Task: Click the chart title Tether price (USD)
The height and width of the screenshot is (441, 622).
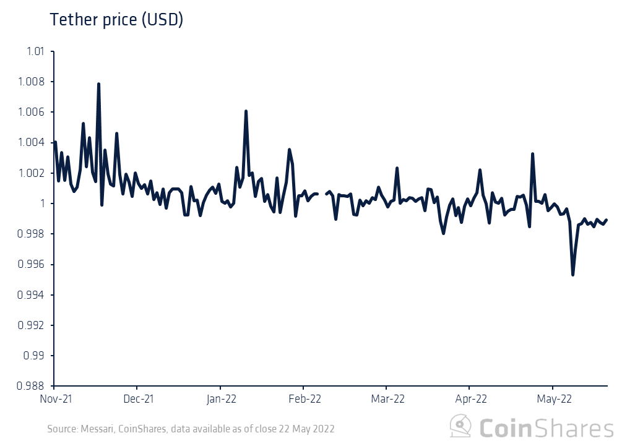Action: (116, 20)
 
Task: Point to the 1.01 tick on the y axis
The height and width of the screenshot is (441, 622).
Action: (35, 51)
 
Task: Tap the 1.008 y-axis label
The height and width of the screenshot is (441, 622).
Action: (32, 82)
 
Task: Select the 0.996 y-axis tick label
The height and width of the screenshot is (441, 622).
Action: (32, 265)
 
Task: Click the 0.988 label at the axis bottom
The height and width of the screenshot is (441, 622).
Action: (32, 387)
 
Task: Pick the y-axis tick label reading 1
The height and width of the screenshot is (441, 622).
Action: (43, 203)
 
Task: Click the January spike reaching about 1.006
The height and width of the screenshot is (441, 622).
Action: (246, 111)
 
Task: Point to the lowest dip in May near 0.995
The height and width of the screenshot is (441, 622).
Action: (572, 275)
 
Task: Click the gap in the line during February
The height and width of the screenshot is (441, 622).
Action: (322, 194)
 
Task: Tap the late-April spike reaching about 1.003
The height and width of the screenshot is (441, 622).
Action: (532, 154)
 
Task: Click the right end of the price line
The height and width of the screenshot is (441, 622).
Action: (607, 220)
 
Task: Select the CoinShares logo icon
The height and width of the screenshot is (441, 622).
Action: (461, 427)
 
